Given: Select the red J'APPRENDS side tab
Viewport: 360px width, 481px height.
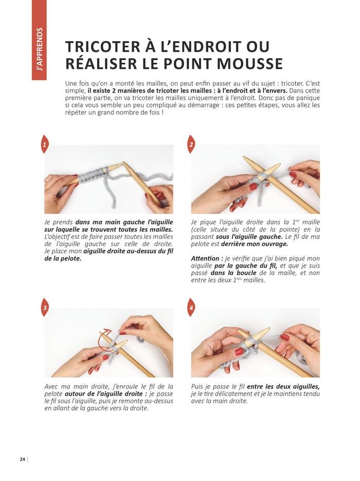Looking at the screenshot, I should [x=39, y=40].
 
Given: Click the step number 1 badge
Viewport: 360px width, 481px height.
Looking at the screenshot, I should [x=45, y=145].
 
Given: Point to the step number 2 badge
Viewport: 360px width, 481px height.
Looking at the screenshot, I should [x=191, y=145].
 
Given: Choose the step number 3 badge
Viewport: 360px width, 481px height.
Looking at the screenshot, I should [x=45, y=308].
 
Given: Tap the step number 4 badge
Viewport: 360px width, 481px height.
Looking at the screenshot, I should [x=191, y=308].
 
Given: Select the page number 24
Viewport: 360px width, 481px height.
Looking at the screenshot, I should [x=23, y=459].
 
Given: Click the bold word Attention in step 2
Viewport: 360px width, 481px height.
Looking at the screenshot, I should [x=207, y=258].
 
